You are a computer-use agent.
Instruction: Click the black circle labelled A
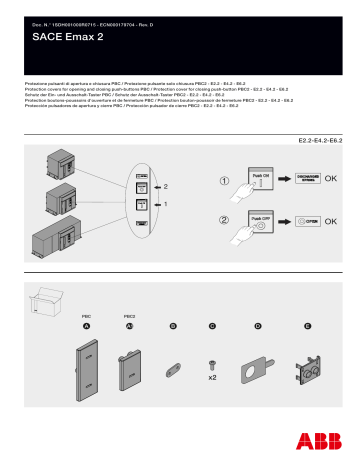click(x=87, y=327)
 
